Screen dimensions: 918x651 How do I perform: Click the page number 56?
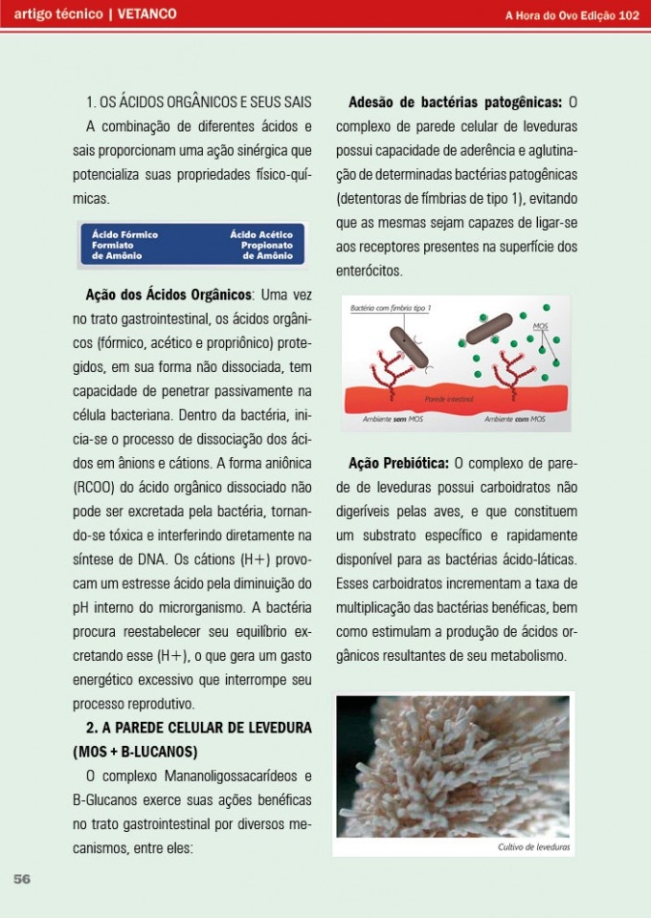tap(22, 880)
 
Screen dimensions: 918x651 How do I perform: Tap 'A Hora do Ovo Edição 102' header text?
tap(572, 14)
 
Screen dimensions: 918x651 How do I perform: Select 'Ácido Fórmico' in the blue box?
tap(124, 233)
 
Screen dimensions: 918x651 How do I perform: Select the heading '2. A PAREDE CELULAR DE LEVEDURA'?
tap(199, 728)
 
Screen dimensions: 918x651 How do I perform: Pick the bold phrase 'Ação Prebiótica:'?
tap(399, 463)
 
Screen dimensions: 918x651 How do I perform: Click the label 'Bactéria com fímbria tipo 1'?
tap(391, 309)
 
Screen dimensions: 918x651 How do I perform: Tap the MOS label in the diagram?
tap(538, 327)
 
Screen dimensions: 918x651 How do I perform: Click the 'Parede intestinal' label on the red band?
tap(450, 398)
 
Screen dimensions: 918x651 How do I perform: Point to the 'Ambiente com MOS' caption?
tap(514, 419)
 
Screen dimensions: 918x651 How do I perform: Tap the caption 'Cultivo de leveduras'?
tap(534, 847)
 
